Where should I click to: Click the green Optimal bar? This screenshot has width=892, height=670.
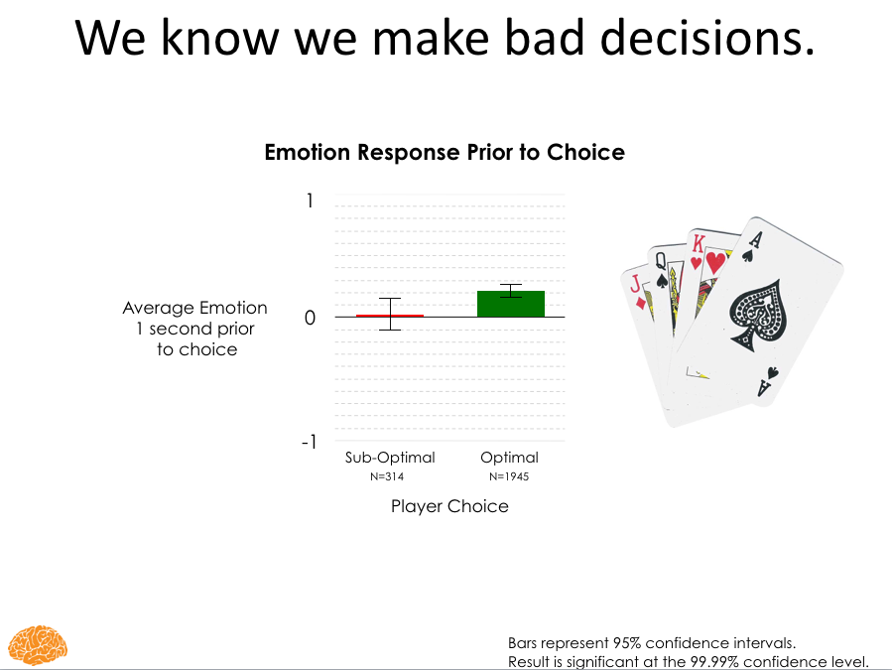[x=511, y=304]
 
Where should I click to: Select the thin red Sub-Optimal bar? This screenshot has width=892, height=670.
[x=390, y=316]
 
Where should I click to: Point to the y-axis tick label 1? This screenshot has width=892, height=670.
[x=310, y=201]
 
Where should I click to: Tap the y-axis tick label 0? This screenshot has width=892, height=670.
[x=310, y=318]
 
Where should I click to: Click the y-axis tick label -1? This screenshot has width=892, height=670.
[x=309, y=441]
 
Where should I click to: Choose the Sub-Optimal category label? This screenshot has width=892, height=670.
[x=390, y=458]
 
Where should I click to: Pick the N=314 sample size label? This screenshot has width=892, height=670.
[x=387, y=476]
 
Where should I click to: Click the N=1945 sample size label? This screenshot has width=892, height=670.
[x=509, y=476]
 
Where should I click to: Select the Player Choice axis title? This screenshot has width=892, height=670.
[x=449, y=506]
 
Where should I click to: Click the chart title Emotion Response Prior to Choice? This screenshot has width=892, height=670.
[x=445, y=152]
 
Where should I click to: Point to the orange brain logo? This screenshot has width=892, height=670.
[x=38, y=645]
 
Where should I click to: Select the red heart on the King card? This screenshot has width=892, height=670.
[x=715, y=262]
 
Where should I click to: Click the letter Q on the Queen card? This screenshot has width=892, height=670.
[x=661, y=261]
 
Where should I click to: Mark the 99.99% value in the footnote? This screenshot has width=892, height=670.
[x=714, y=661]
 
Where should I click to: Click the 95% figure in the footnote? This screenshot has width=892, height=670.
[x=626, y=642]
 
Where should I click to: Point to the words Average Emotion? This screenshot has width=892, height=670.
[x=195, y=308]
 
